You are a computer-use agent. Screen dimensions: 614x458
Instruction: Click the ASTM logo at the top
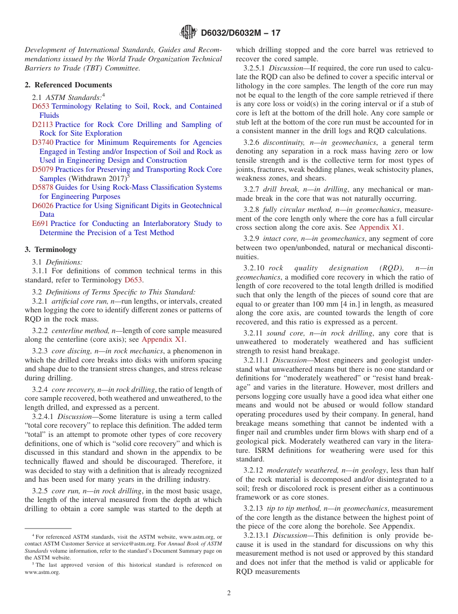(x=188, y=32)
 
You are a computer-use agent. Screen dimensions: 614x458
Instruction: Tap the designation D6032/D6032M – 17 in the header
(x=240, y=33)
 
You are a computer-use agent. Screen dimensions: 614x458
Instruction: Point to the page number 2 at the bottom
(x=229, y=593)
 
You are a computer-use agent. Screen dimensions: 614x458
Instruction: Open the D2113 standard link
(x=43, y=125)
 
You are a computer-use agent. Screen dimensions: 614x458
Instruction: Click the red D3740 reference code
(x=43, y=142)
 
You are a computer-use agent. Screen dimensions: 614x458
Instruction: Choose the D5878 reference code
(x=43, y=187)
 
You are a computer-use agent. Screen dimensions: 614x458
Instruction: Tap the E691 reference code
(x=40, y=223)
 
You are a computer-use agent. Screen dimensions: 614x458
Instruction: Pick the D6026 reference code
(x=43, y=206)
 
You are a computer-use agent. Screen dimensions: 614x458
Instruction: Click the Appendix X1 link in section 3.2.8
(x=381, y=228)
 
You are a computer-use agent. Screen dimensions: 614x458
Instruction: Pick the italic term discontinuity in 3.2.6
(x=283, y=142)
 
